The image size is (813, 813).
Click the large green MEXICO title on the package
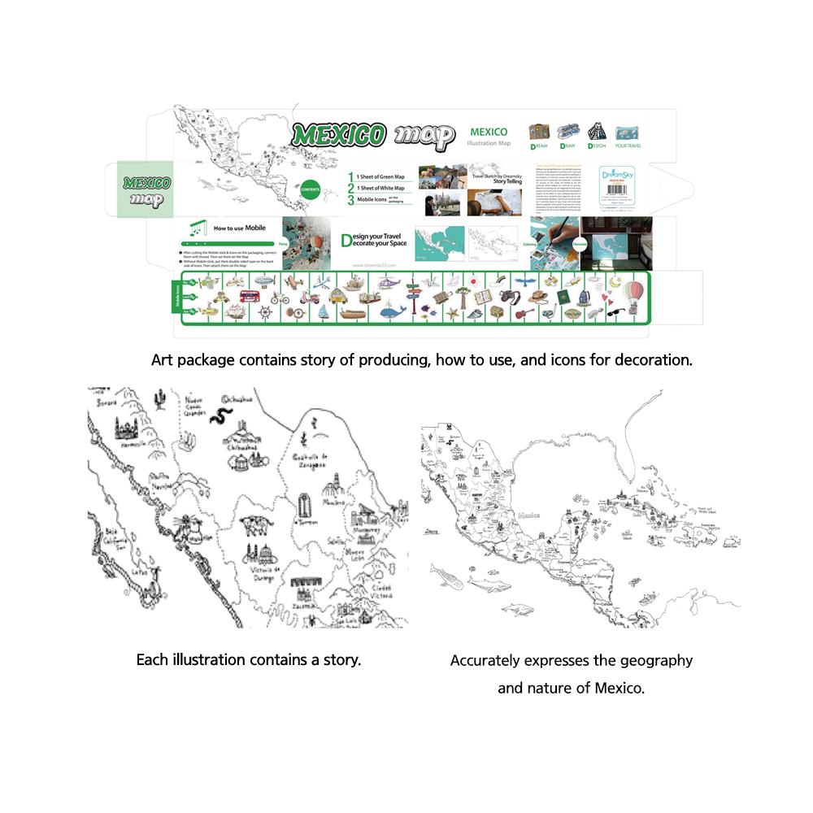coord(339,136)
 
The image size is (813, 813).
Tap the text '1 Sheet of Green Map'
coord(382,176)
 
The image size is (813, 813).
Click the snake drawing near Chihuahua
coord(218,417)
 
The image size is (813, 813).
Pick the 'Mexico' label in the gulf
coord(529,515)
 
